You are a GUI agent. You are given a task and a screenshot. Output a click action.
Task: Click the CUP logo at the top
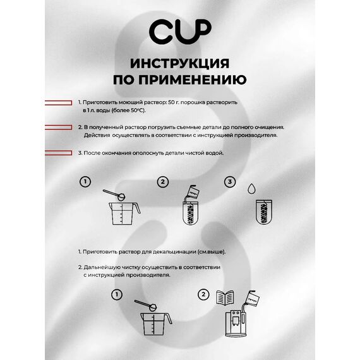coord(180,30)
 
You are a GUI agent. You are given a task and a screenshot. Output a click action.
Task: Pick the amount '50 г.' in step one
coord(176,101)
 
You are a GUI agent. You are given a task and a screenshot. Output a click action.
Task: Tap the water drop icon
coord(252,188)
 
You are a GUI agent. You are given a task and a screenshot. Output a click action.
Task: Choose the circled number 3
coord(231,182)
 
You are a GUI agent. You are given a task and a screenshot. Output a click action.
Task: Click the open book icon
coord(224,298)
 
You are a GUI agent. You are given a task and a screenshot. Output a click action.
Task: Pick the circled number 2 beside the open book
coord(203,294)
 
